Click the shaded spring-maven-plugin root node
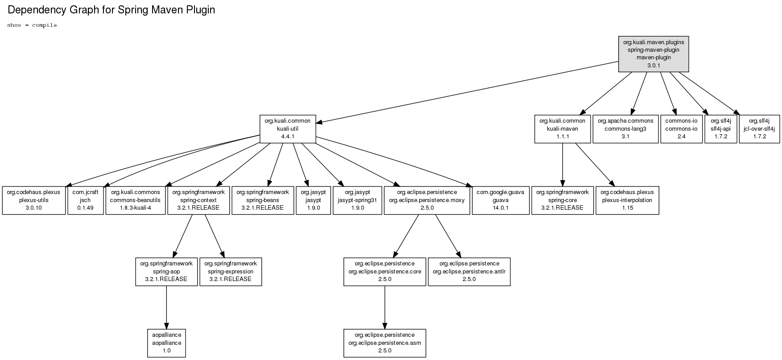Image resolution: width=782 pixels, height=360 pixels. click(654, 54)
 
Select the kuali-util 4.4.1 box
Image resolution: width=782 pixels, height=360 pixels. click(288, 129)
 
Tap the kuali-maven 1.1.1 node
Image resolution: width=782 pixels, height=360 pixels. click(563, 129)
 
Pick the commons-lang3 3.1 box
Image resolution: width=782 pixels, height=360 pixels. click(625, 129)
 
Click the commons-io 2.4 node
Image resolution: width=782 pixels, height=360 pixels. click(681, 129)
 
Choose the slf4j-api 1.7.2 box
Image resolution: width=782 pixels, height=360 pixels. click(721, 129)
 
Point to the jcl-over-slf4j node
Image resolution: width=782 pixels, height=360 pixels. click(759, 129)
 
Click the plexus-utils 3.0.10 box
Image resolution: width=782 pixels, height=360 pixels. click(34, 200)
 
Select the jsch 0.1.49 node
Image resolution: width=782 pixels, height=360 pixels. click(85, 200)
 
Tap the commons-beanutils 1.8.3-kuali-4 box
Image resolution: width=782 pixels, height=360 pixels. click(136, 200)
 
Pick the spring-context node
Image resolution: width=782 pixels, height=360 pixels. click(198, 200)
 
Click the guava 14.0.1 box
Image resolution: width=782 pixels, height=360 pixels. click(501, 200)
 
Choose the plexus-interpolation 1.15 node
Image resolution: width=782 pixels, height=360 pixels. click(627, 200)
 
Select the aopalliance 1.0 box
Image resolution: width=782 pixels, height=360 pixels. click(166, 343)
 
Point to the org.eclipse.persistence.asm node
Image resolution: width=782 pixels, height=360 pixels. click(385, 343)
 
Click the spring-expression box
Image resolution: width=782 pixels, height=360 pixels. click(231, 272)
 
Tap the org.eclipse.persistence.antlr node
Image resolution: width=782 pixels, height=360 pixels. click(469, 272)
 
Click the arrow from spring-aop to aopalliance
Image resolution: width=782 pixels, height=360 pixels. click(166, 307)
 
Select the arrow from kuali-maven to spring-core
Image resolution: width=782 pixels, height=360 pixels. click(563, 165)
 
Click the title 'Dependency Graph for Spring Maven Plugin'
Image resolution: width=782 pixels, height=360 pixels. click(112, 10)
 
